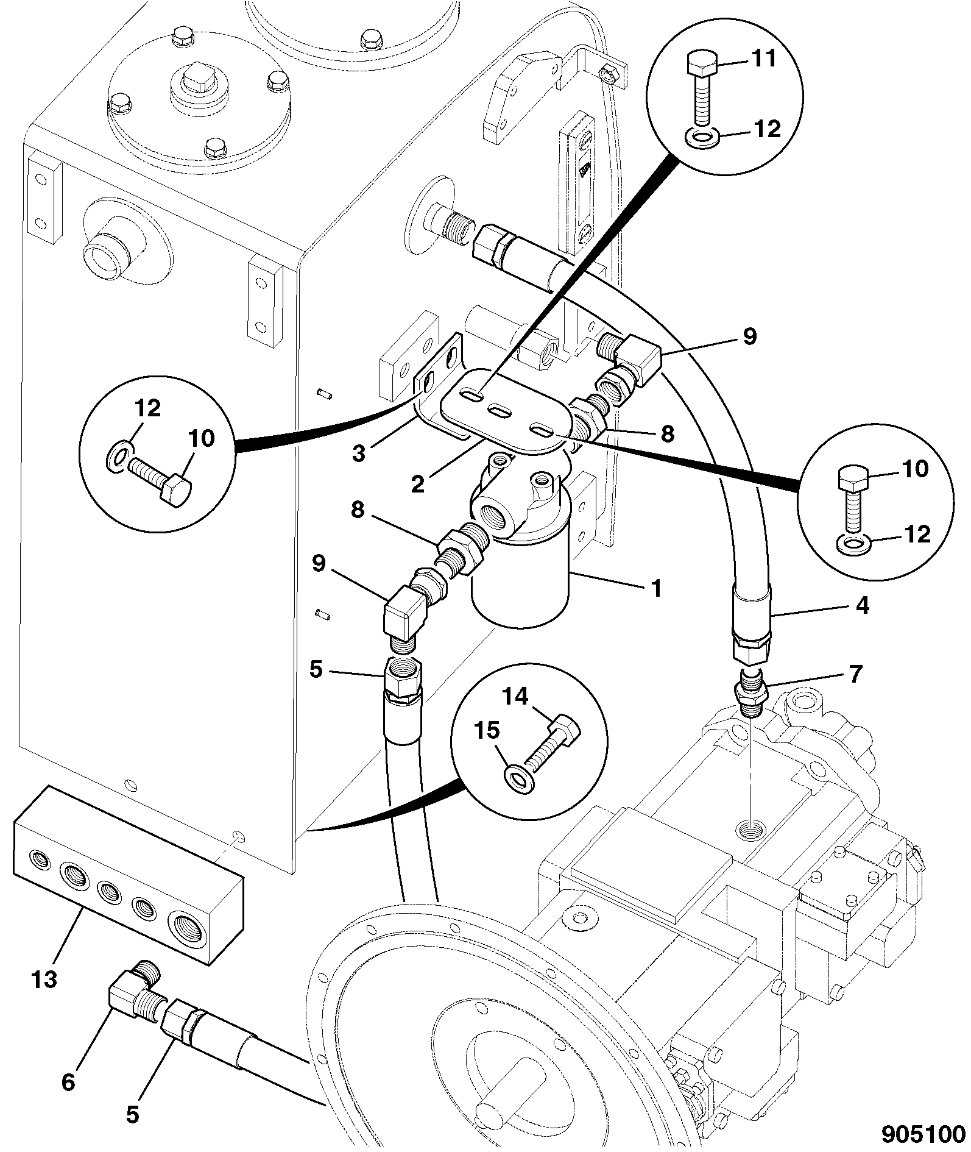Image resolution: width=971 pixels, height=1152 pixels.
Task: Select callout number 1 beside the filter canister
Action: pyautogui.click(x=656, y=589)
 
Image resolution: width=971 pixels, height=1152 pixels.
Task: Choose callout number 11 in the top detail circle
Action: pyautogui.click(x=763, y=59)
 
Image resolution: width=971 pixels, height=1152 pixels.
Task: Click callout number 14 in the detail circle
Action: pyautogui.click(x=516, y=695)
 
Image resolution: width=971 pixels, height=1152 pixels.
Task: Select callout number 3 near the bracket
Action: pyautogui.click(x=359, y=453)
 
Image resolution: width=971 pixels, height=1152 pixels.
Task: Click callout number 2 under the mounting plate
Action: pyautogui.click(x=417, y=484)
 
